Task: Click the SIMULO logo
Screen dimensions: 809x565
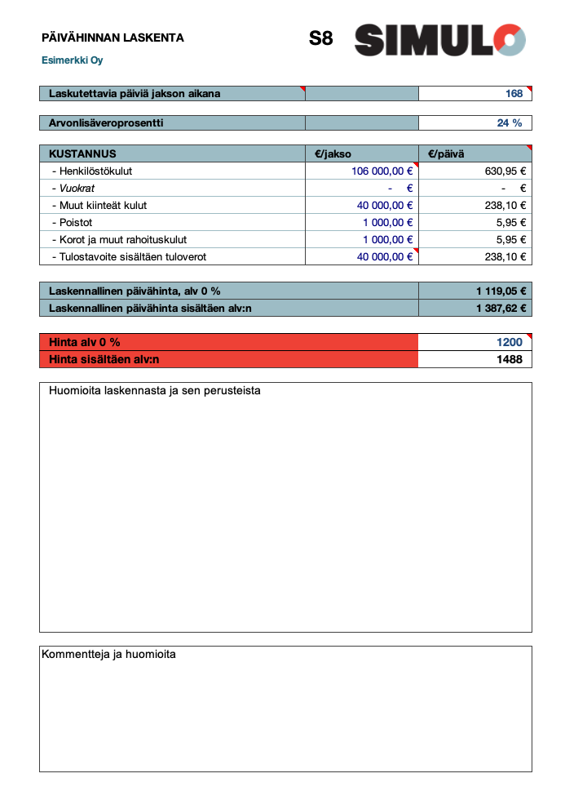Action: click(439, 39)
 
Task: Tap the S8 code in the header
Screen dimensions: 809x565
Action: click(321, 38)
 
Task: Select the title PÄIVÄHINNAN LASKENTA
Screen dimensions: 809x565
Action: click(113, 38)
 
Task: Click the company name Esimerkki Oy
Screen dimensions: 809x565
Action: click(73, 60)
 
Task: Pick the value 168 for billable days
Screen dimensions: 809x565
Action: click(514, 94)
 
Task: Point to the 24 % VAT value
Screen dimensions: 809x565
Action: click(510, 123)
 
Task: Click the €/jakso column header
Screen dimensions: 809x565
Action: click(333, 153)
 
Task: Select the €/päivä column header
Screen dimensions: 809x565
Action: click(446, 153)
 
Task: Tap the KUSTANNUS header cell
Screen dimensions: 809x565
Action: click(82, 153)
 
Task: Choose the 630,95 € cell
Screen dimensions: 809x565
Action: click(505, 171)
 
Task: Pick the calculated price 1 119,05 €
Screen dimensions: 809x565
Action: click(501, 291)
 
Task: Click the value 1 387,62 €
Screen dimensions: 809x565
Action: click(501, 309)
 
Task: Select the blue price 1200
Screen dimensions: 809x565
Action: click(510, 342)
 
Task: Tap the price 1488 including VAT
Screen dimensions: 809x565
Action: click(510, 359)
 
